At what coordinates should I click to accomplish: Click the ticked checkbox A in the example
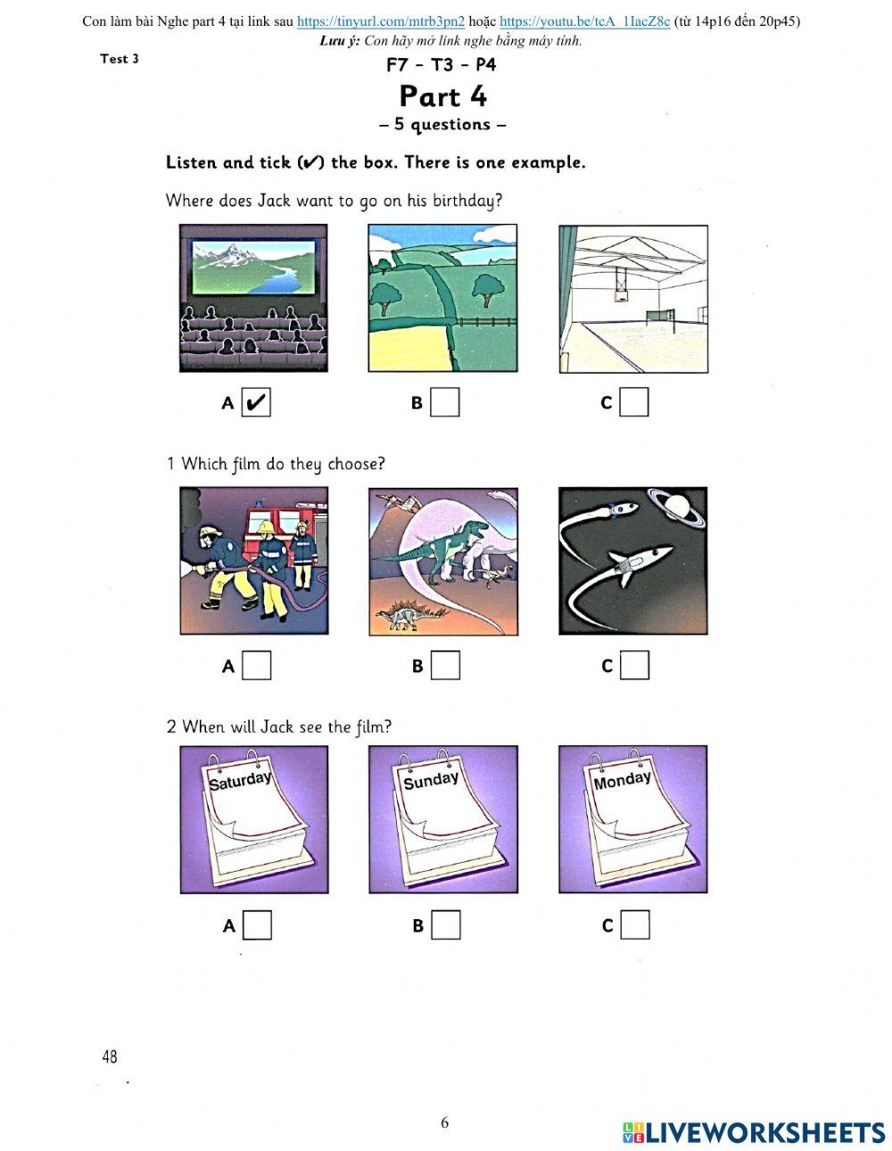click(256, 402)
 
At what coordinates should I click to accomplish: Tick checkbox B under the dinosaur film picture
click(445, 665)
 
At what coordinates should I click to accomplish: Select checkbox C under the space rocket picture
click(634, 665)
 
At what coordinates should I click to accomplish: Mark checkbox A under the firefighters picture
click(256, 665)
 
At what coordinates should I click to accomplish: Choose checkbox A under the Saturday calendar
click(257, 925)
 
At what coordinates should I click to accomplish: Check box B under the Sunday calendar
click(446, 925)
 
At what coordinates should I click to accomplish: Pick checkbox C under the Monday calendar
click(635, 925)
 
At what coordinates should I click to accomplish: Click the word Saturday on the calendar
click(240, 780)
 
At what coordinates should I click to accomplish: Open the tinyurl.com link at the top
click(381, 21)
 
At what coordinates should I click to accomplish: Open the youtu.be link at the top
click(585, 21)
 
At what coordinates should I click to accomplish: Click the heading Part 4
click(442, 96)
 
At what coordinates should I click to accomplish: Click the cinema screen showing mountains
click(253, 267)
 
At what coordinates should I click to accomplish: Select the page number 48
click(110, 1056)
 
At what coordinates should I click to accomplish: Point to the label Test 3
click(120, 58)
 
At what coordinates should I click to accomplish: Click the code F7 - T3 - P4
click(442, 64)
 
